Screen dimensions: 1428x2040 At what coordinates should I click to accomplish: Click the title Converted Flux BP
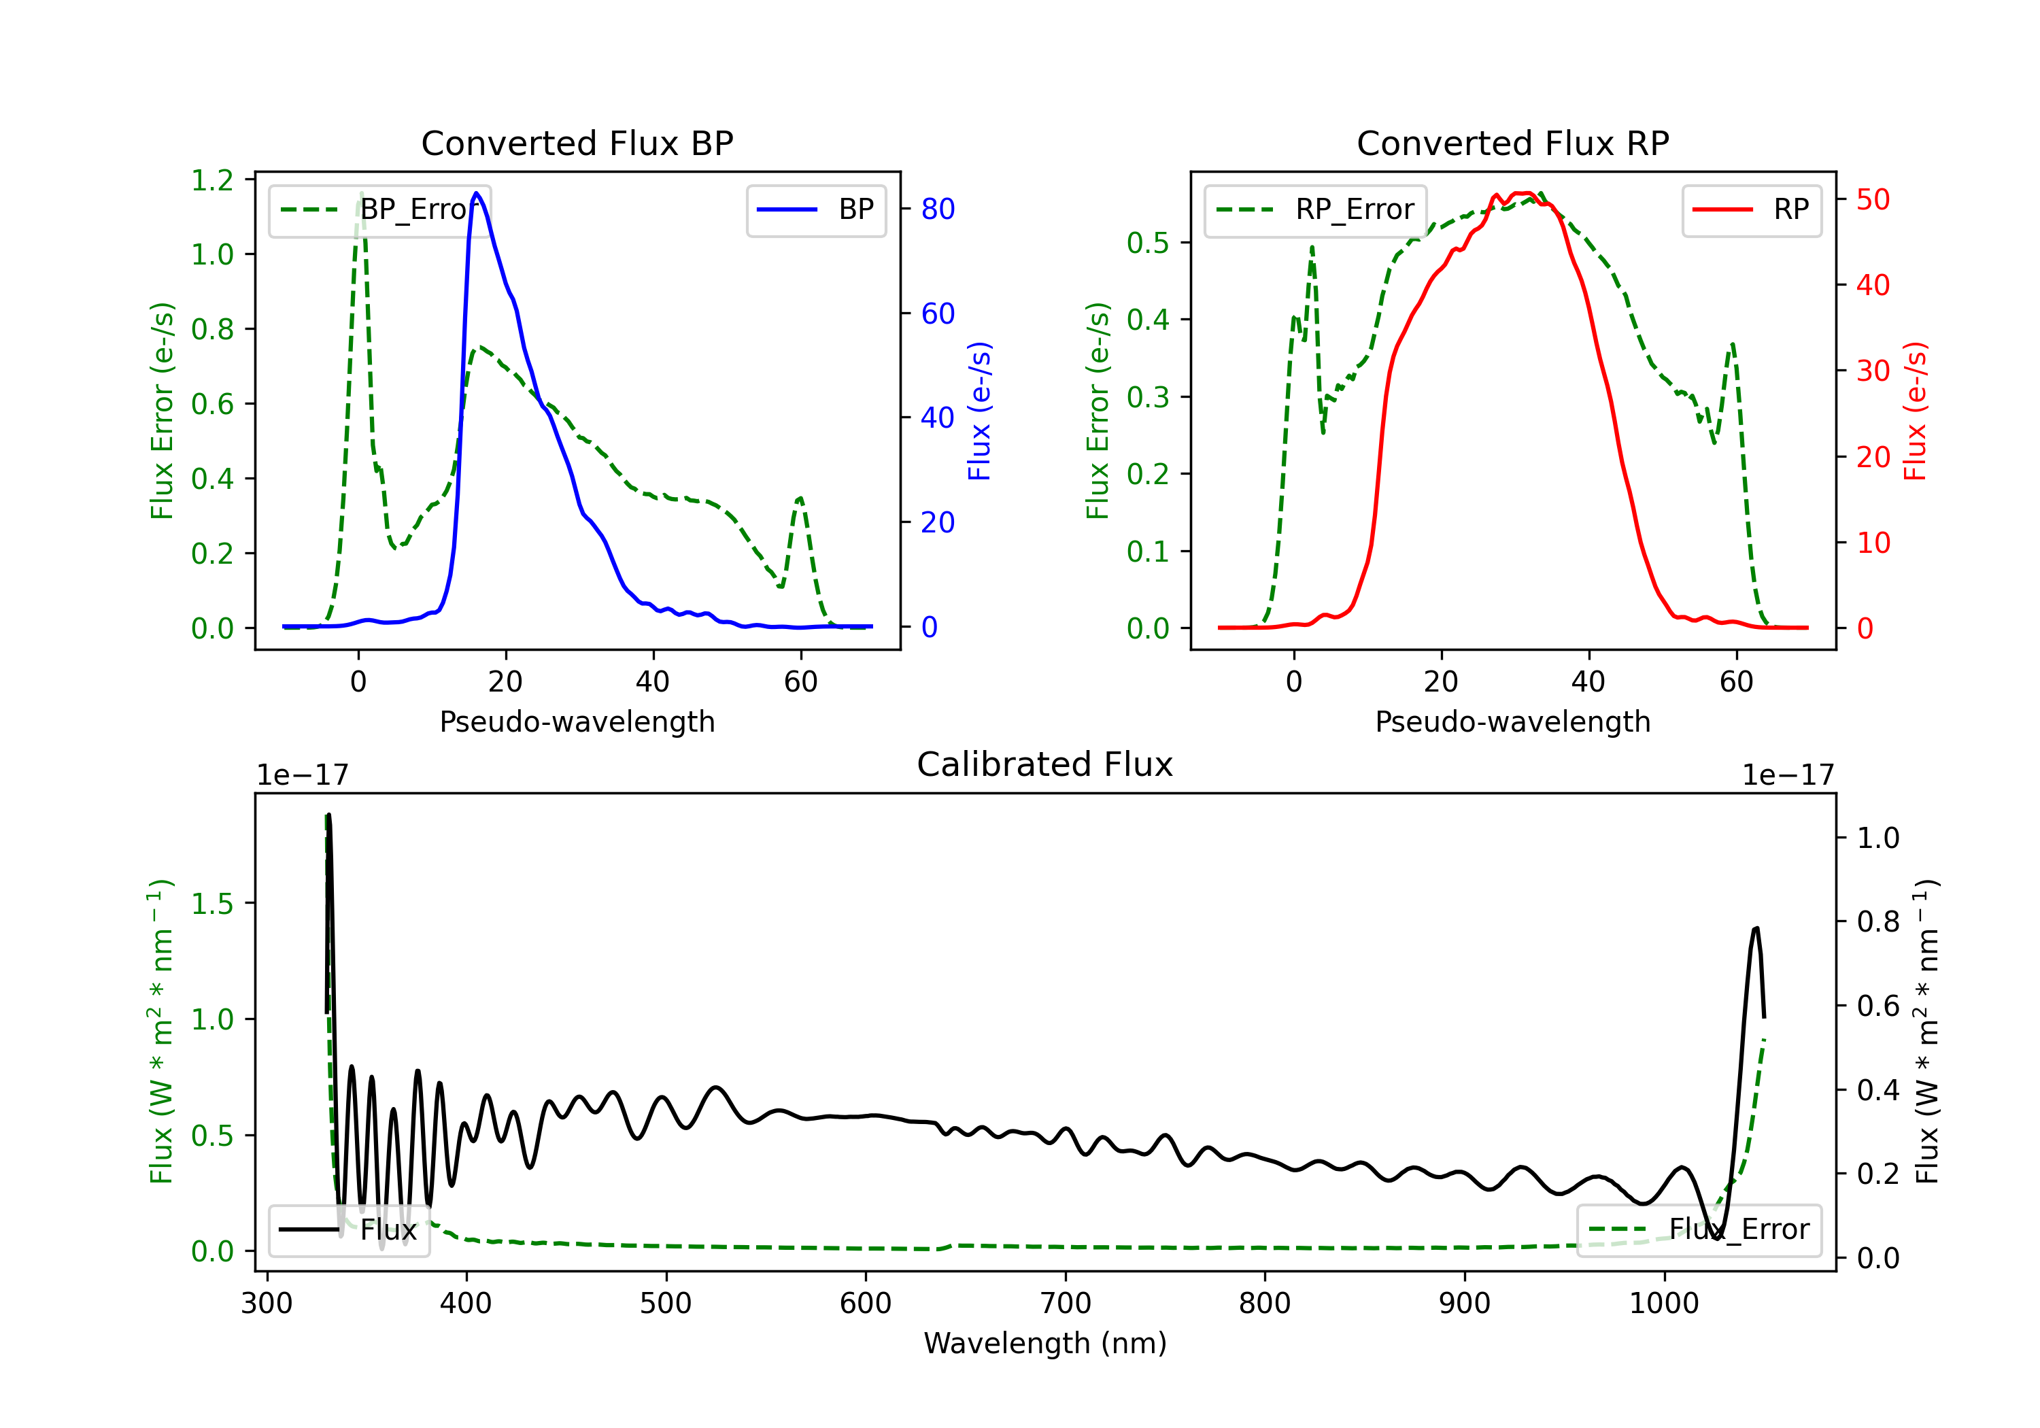(x=577, y=143)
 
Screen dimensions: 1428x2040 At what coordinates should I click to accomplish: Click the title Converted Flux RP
(x=1512, y=143)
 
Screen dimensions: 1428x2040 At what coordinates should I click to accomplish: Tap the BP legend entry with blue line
(x=817, y=209)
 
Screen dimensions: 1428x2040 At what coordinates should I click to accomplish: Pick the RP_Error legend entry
(x=1316, y=209)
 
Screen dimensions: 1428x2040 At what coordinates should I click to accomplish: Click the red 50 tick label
(x=1872, y=199)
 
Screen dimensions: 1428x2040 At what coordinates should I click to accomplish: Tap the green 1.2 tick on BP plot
(x=212, y=180)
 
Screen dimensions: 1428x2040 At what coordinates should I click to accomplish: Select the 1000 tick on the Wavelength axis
(x=1663, y=1304)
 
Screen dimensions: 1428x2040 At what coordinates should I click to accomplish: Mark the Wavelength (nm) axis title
(x=1045, y=1343)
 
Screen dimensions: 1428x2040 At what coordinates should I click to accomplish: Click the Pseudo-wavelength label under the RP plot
(x=1512, y=721)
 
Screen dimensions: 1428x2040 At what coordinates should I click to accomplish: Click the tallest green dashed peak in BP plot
(x=360, y=193)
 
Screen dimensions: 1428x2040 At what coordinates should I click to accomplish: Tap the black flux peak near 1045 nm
(x=1756, y=929)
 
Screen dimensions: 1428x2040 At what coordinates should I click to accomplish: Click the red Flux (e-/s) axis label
(x=1915, y=411)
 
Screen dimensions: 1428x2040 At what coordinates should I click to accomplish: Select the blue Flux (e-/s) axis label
(x=979, y=411)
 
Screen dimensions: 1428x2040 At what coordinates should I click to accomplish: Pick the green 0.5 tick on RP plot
(x=1147, y=243)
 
